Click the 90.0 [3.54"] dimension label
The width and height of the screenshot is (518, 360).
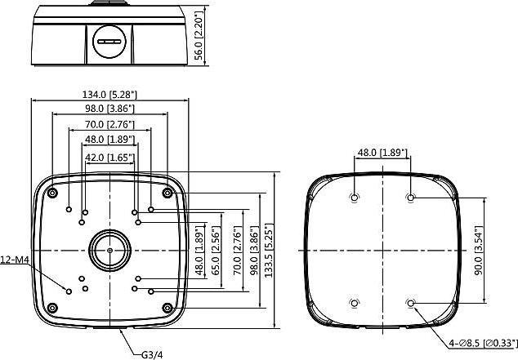tap(489, 250)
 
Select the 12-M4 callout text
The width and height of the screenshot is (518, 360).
tap(16, 260)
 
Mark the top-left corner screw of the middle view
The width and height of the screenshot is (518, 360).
tap(52, 193)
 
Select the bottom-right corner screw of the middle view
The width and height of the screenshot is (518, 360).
tap(167, 308)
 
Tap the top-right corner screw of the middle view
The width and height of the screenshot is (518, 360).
tap(167, 193)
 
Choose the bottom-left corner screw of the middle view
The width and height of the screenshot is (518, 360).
tap(52, 308)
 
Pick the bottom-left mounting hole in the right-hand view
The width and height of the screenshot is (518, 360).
tap(354, 304)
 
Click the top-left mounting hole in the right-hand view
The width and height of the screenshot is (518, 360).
tap(354, 198)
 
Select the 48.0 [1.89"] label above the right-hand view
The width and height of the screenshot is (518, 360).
tap(382, 153)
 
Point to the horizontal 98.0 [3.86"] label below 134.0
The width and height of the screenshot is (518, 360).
tap(109, 108)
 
